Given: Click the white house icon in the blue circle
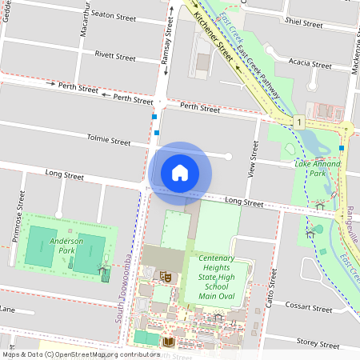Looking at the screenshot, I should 180,172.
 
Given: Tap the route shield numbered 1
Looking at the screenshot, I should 298,122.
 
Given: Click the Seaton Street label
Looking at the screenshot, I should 115,14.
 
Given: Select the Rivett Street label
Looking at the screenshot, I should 115,57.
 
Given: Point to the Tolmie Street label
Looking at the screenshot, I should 109,141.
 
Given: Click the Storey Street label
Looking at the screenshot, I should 318,341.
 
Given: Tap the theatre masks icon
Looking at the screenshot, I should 166,276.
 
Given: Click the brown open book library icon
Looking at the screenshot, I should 167,342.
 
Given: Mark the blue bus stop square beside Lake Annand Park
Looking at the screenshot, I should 342,147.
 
